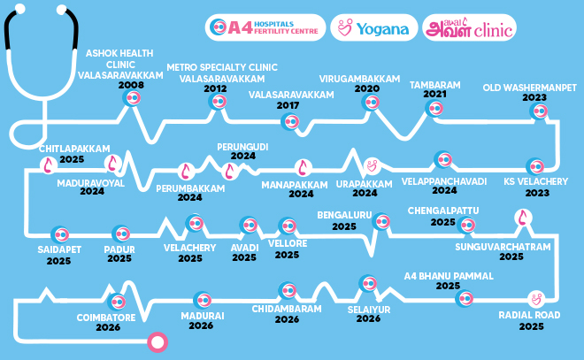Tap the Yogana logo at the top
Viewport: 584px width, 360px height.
375,28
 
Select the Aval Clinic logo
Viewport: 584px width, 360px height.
469,28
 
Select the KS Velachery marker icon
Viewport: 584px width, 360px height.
534,165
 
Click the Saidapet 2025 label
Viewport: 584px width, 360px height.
60,255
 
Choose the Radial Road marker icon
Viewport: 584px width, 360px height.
534,298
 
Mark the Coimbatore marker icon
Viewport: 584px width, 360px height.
116,299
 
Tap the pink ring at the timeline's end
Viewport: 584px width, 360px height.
157,341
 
